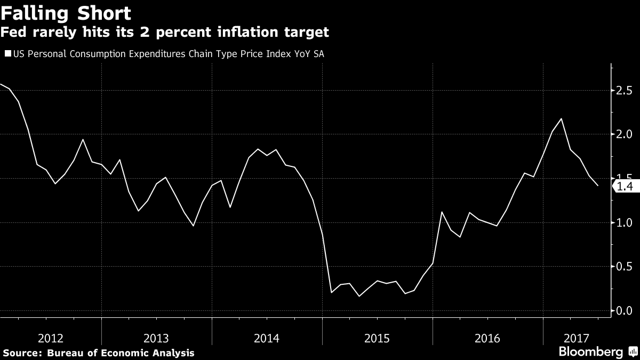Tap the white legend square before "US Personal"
[x=7, y=53]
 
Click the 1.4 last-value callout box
[x=625, y=186]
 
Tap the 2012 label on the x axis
[x=51, y=338]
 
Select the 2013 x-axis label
[x=156, y=338]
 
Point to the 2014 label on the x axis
[x=267, y=338]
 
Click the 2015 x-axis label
[x=377, y=338]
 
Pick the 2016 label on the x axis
[x=487, y=338]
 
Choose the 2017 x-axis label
[x=576, y=338]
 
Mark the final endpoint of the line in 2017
[x=598, y=186]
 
